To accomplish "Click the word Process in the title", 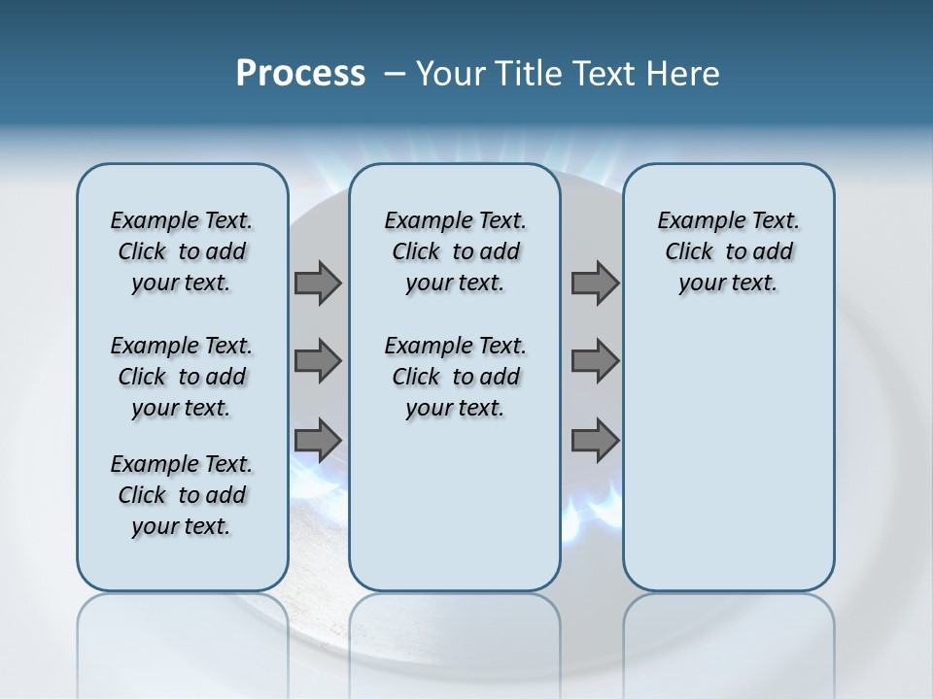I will click(x=300, y=74).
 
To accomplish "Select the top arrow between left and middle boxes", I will click(x=318, y=283).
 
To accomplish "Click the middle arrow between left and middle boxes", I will click(x=318, y=361).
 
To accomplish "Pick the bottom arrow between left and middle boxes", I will click(x=318, y=440).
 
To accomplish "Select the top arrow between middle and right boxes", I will click(x=595, y=283).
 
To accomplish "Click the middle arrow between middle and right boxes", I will click(x=595, y=361).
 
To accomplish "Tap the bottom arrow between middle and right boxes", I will click(x=595, y=440).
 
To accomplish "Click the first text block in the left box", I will click(x=182, y=251).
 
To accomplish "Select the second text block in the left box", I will click(x=182, y=377).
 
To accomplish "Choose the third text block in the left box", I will click(x=182, y=495).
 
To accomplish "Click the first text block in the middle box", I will click(x=455, y=251).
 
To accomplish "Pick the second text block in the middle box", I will click(x=455, y=377).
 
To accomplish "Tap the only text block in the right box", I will click(x=728, y=251).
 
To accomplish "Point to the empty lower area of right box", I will click(x=728, y=456).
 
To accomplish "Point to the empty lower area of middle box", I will click(x=455, y=505).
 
